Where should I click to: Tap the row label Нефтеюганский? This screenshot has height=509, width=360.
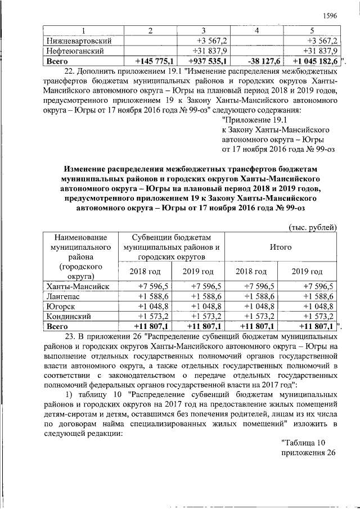[74, 51]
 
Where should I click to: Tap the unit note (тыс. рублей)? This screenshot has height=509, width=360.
[312, 227]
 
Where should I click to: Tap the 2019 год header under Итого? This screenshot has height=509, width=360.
[307, 272]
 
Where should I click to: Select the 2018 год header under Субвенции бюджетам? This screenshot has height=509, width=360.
[145, 272]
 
